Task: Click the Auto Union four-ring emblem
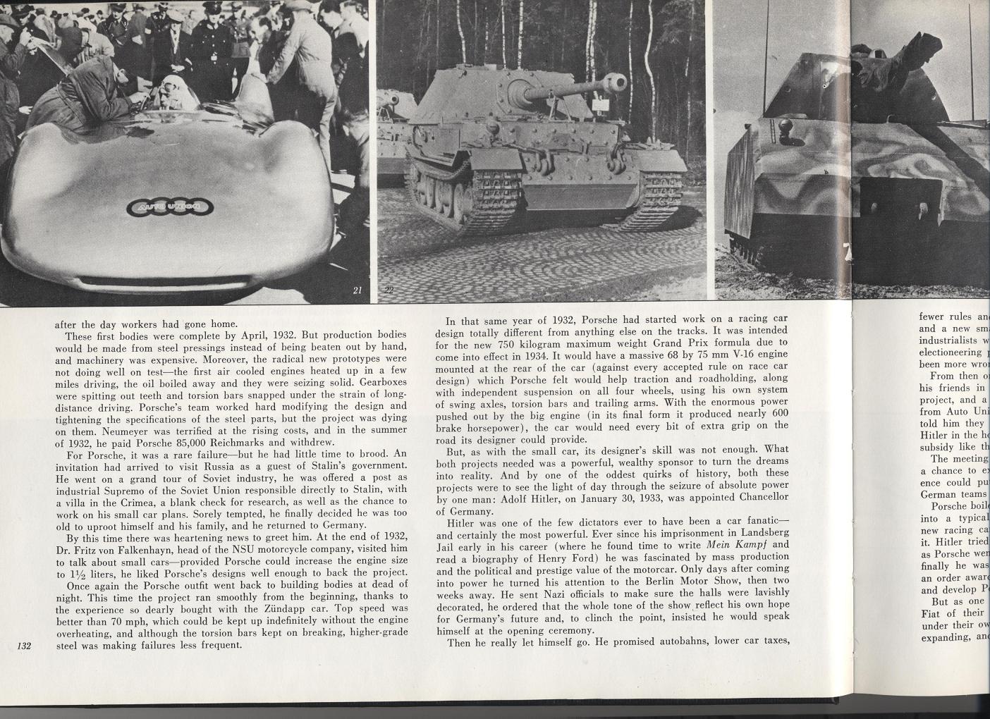(x=170, y=207)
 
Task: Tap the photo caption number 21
(x=357, y=290)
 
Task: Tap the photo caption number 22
(x=389, y=290)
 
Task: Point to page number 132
(x=26, y=644)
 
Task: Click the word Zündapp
(x=322, y=607)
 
